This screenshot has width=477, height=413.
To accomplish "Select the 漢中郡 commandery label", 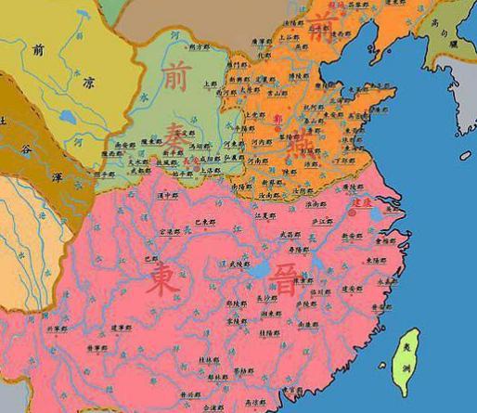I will click(166, 197).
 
